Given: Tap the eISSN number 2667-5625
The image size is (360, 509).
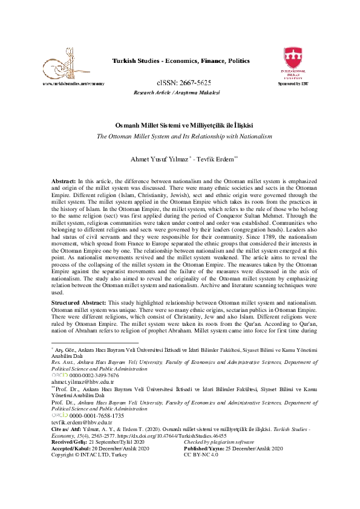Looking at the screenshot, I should point(184,82).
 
